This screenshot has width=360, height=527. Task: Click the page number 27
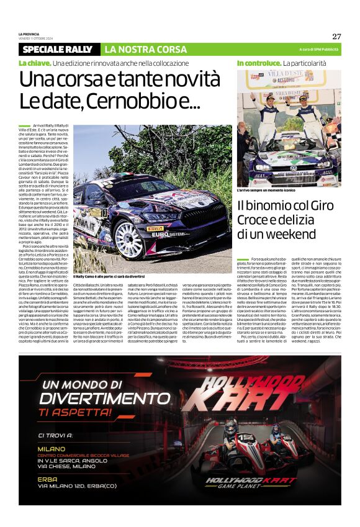(336, 36)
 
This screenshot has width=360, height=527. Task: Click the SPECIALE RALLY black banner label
(57, 49)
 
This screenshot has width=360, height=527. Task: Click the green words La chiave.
(34, 63)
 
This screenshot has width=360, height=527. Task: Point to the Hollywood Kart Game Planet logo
(251, 482)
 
